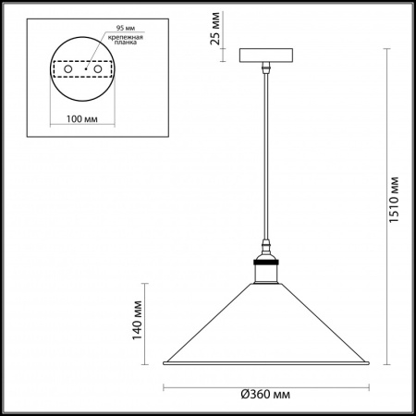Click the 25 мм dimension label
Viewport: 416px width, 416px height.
coord(215,29)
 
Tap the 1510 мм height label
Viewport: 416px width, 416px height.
coord(394,200)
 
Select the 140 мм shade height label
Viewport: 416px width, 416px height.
coord(137,321)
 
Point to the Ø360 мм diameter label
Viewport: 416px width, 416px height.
coord(265,394)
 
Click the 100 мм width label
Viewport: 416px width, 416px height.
coord(82,118)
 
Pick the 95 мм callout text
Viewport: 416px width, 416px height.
coord(126,28)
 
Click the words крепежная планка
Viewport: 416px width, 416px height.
coord(126,40)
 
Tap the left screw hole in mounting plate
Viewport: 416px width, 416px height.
coord(68,69)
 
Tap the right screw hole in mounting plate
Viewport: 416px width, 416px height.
coord(98,69)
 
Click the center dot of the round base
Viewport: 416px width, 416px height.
coord(86,68)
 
